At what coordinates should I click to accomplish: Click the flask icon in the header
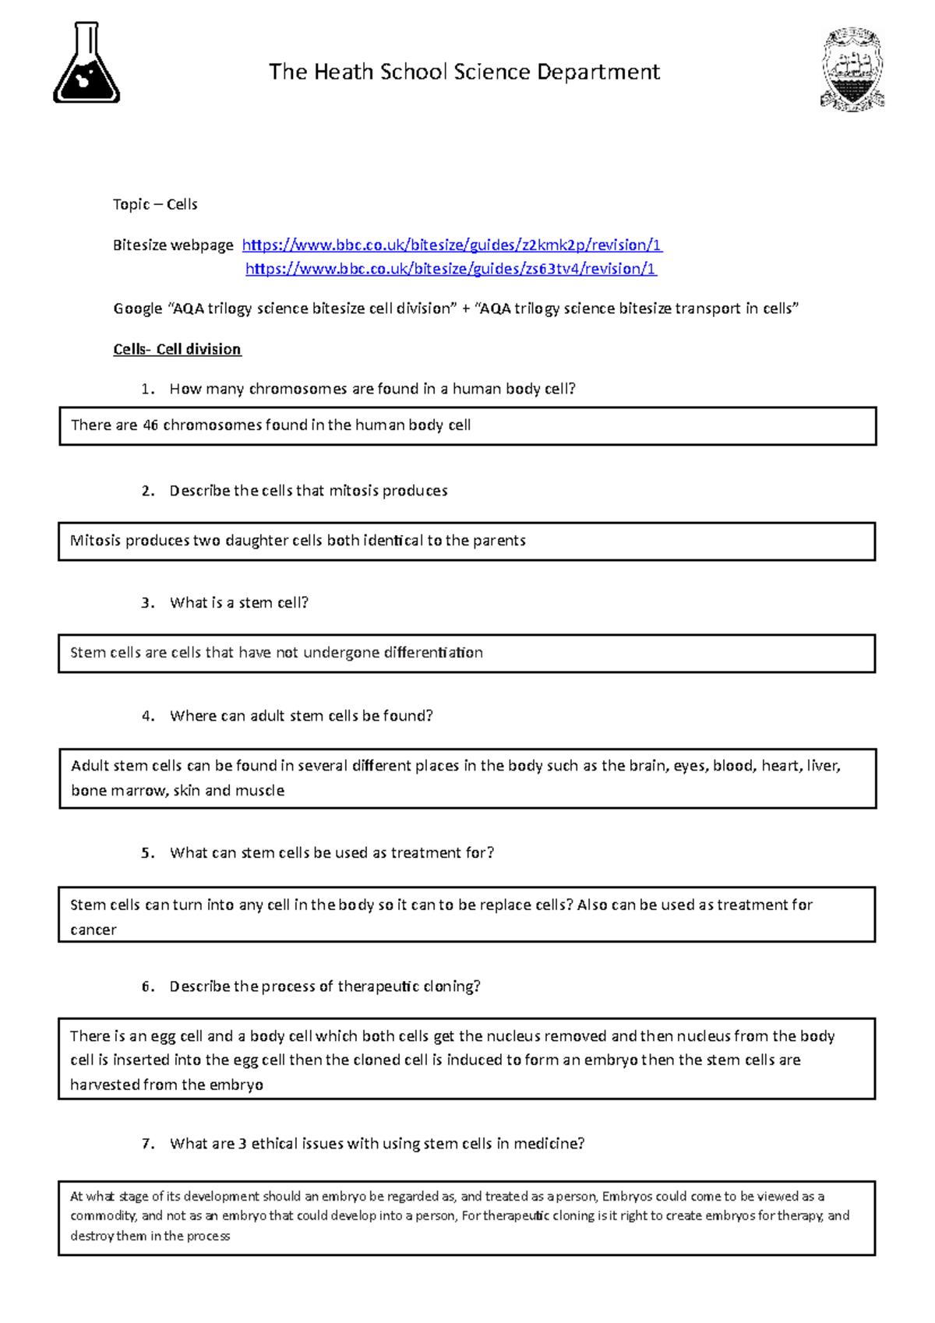[86, 63]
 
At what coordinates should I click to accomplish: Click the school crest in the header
[852, 69]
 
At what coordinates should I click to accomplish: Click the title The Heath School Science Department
[464, 72]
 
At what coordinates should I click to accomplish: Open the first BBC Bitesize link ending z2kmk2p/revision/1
[452, 245]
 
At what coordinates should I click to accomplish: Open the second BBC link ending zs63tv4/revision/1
[451, 270]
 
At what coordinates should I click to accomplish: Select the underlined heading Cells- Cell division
[177, 349]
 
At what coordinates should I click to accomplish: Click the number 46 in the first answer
[150, 425]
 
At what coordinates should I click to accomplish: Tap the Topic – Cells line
[155, 205]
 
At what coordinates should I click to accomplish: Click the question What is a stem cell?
[239, 603]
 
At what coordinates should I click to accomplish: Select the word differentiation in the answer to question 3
[433, 653]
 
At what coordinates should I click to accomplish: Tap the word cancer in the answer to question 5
[93, 930]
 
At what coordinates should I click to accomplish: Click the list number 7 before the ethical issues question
[147, 1144]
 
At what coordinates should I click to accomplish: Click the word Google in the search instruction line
[137, 309]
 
